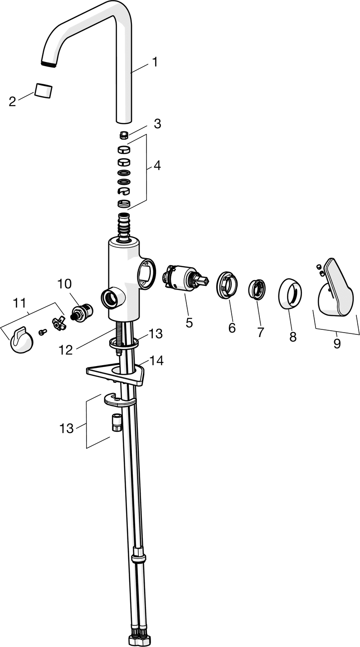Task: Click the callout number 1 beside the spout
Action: [155, 62]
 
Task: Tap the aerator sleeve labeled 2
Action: [44, 90]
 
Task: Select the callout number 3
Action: [157, 124]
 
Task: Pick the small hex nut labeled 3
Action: [124, 134]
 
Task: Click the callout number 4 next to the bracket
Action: [157, 166]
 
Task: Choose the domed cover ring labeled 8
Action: [290, 294]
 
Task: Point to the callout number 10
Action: [64, 284]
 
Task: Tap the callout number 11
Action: [19, 303]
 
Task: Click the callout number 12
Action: [66, 350]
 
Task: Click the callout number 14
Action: [156, 361]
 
